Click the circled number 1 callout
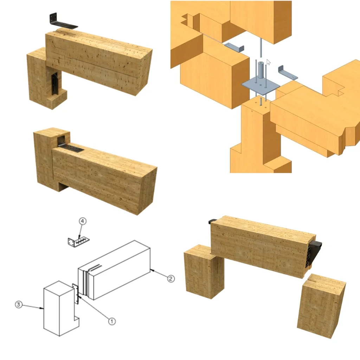coord(111,321)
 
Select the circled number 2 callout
coord(170,278)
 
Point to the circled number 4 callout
coord(82,221)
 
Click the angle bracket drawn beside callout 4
coord(78,242)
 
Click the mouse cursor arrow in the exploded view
coord(269,62)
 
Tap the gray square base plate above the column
coord(261,86)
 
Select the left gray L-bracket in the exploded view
coord(234,47)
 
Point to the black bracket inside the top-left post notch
coord(54,84)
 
